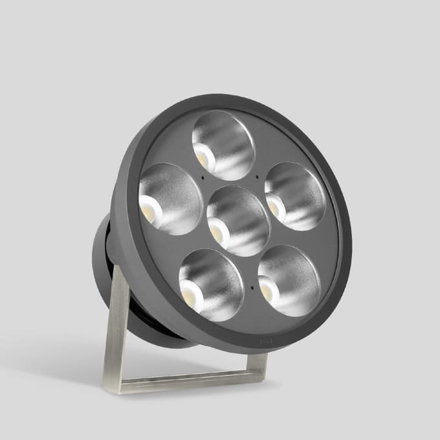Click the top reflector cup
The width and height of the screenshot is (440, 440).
tap(223, 145)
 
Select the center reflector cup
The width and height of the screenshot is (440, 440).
tap(237, 220)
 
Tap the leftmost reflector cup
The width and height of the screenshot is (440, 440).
tap(171, 199)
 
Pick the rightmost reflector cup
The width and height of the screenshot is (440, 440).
tap(294, 196)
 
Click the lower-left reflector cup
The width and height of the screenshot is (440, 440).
tap(211, 284)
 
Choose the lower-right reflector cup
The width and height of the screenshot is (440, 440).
tap(289, 280)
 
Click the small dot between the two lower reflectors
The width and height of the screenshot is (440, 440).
tap(250, 285)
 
